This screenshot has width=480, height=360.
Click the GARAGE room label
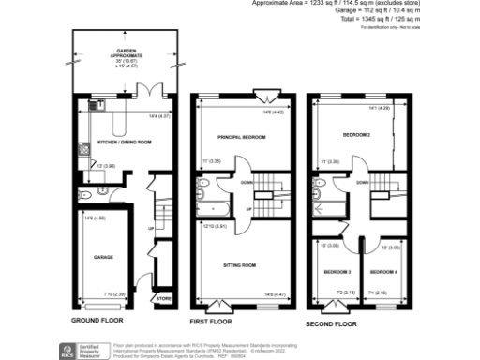tap(102, 255)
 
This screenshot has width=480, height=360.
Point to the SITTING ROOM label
tap(241, 265)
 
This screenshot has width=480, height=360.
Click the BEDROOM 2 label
tap(355, 135)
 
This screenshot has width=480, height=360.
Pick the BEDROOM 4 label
tap(382, 271)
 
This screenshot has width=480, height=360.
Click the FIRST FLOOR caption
tap(210, 322)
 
